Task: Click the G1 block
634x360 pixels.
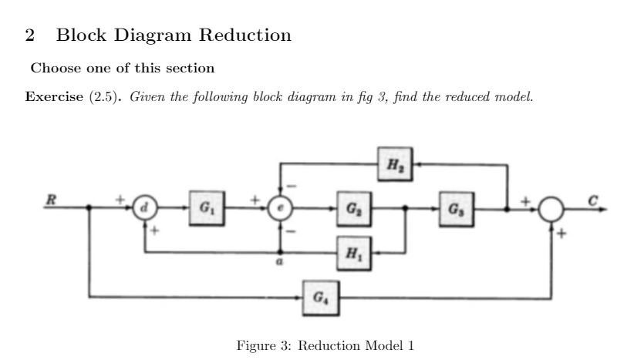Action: (x=205, y=208)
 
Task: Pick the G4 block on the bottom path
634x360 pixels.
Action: (x=319, y=295)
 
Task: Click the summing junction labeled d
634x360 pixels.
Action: (x=145, y=208)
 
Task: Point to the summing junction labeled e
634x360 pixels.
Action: (x=279, y=208)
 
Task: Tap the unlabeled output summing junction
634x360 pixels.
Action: (x=551, y=209)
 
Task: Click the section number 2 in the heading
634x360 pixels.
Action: (x=30, y=35)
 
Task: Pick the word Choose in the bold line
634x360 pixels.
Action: (x=50, y=69)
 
